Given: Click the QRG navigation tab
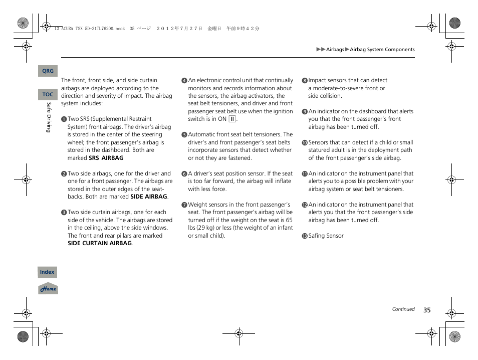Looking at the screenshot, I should tap(48, 71).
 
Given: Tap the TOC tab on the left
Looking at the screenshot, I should tap(48, 94).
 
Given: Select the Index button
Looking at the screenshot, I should tap(47, 272).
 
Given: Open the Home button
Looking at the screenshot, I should tap(48, 289).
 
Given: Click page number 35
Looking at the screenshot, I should tap(427, 310).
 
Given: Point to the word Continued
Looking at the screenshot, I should tap(403, 309).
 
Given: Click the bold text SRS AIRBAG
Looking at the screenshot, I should tap(106, 158).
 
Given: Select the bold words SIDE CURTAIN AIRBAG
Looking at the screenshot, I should tap(100, 243).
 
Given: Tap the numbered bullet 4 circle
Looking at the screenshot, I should tap(184, 81).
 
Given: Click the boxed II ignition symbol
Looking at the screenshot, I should tap(232, 119).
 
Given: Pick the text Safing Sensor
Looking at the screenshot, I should tap(326, 236).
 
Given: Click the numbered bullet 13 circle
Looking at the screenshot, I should tap(304, 236).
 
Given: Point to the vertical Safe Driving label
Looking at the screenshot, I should tap(49, 117).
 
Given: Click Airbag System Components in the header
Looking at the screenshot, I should tap(382, 50).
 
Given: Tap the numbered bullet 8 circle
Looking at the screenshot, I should tap(304, 81).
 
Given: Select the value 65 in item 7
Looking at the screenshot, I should tap(289, 220).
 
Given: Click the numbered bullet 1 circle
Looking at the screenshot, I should tap(64, 119).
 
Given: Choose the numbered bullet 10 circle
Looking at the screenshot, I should tap(304, 143).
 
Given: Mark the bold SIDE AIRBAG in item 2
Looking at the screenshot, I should tap(148, 197).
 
